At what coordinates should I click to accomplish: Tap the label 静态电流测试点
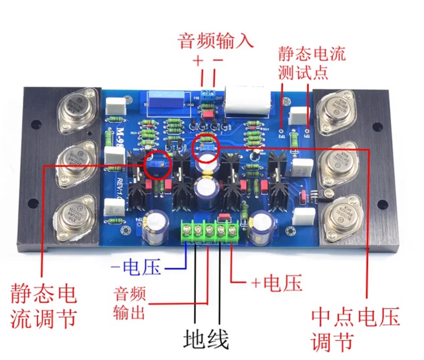tap(312, 62)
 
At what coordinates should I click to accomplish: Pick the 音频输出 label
tap(129, 304)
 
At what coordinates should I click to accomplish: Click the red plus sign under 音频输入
tap(198, 62)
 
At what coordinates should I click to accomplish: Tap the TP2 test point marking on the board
tap(282, 136)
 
